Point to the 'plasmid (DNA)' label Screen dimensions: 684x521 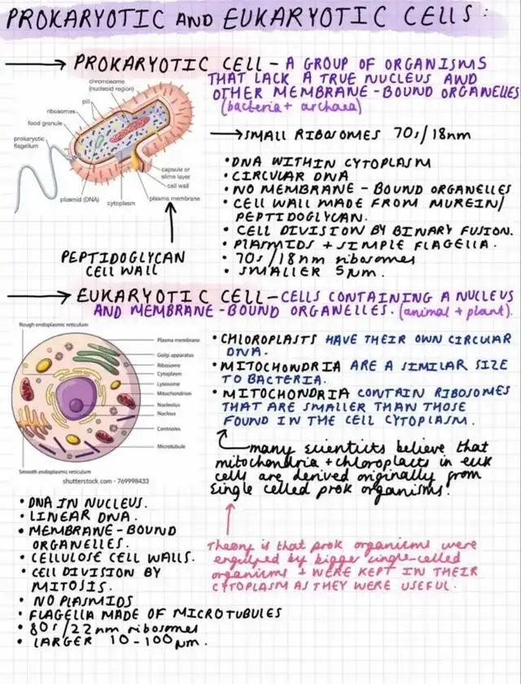[x=81, y=198]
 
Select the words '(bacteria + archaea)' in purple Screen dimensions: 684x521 [x=266, y=107]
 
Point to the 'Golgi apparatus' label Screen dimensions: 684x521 [x=173, y=356]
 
